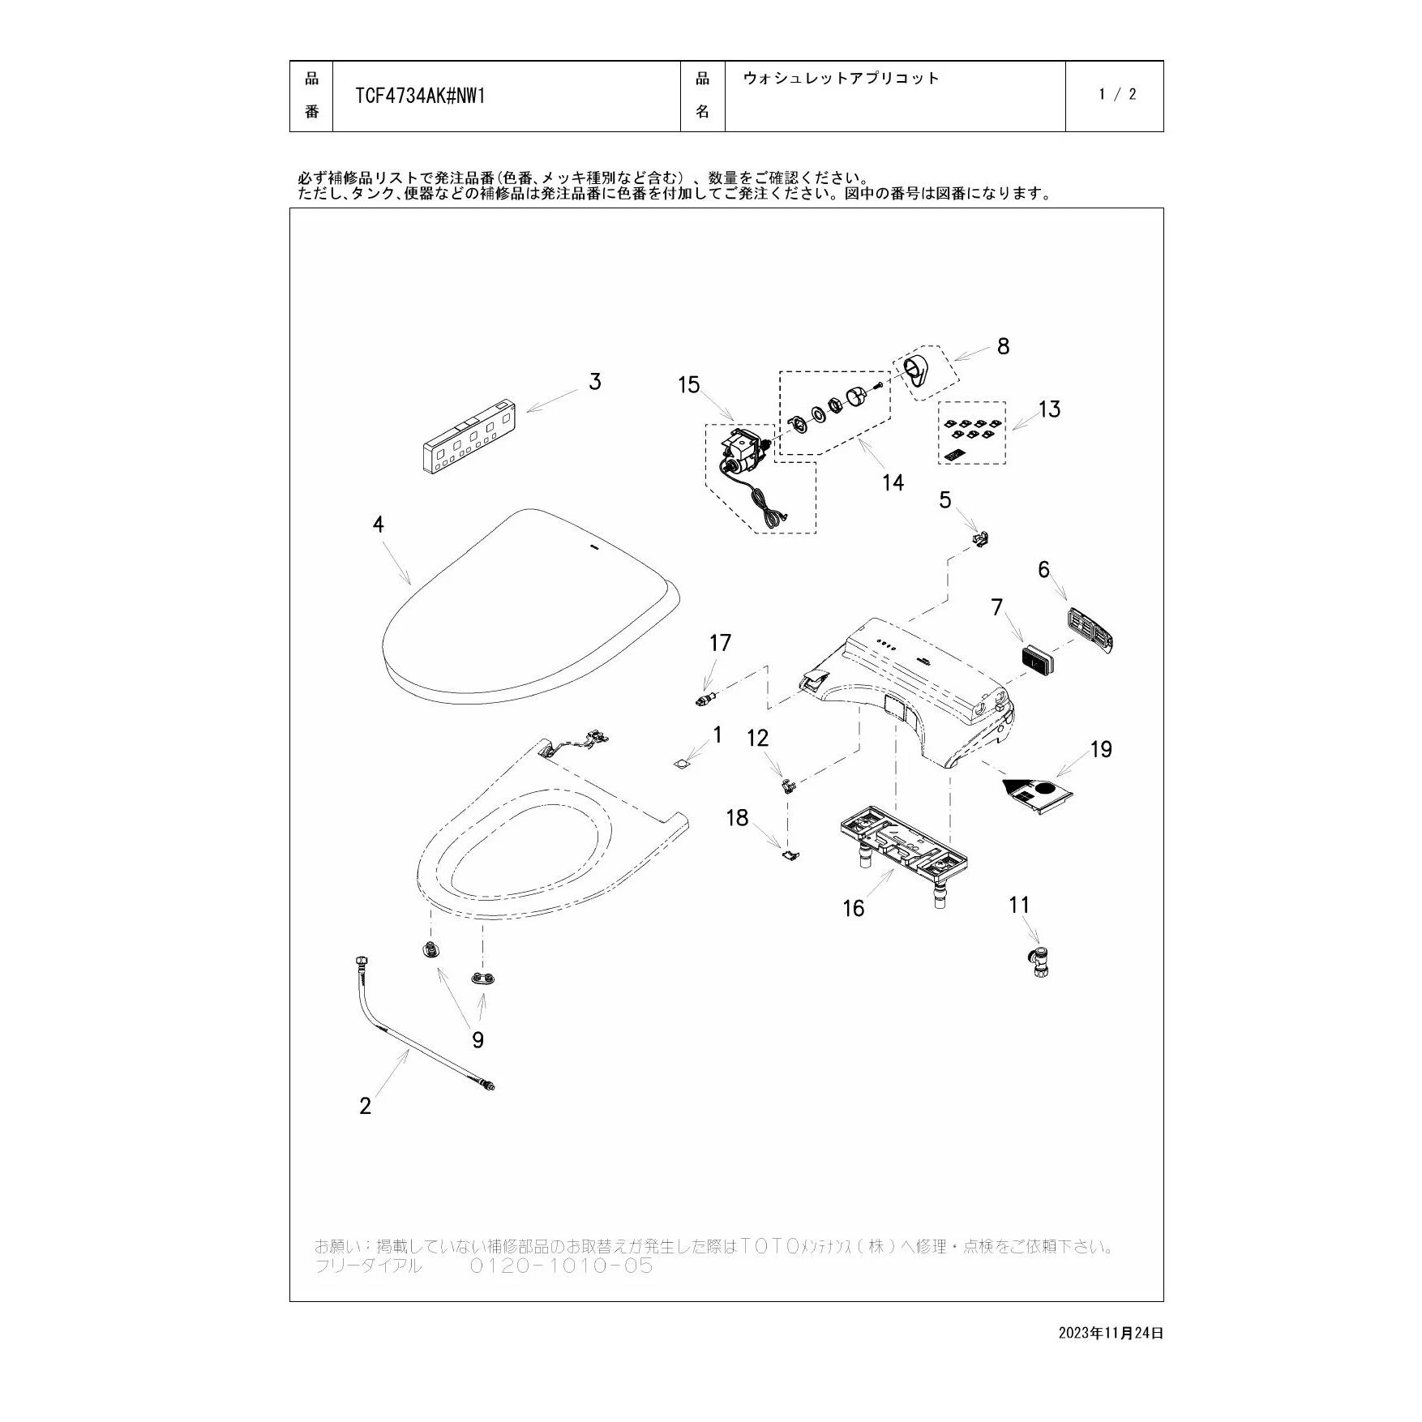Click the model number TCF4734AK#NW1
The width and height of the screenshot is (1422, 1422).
(420, 96)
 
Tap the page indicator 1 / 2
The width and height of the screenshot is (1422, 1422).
(1117, 94)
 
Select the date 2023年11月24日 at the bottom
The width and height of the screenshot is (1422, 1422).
(1111, 1333)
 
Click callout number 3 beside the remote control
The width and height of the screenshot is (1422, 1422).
(595, 382)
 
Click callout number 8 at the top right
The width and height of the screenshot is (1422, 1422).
(1003, 346)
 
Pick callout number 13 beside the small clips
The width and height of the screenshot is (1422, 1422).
(1049, 409)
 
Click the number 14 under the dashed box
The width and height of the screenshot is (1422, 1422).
(893, 482)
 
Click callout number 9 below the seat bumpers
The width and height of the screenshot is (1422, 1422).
(478, 1040)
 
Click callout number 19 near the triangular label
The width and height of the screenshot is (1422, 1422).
(1101, 749)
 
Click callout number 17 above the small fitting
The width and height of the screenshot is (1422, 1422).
(720, 643)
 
